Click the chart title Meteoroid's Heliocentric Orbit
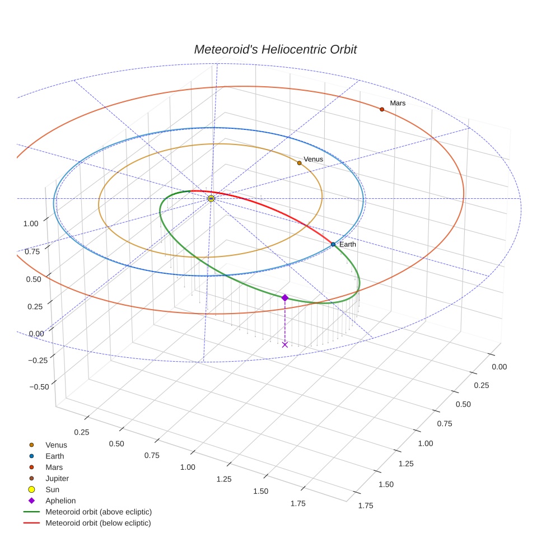pyautogui.click(x=275, y=49)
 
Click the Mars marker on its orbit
pyautogui.click(x=382, y=109)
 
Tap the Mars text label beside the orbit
pyautogui.click(x=398, y=103)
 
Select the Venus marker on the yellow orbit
pyautogui.click(x=299, y=163)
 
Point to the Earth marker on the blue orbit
pyautogui.click(x=333, y=244)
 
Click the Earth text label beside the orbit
pyautogui.click(x=348, y=244)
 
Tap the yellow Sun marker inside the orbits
pyautogui.click(x=211, y=198)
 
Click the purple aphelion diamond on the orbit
pyautogui.click(x=284, y=298)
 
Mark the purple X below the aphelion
pyautogui.click(x=284, y=344)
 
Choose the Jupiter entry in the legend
pyautogui.click(x=57, y=478)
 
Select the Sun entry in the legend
pyautogui.click(x=52, y=489)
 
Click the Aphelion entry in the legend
pyautogui.click(x=60, y=501)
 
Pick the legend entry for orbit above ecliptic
pyautogui.click(x=98, y=512)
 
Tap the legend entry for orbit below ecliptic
pyautogui.click(x=98, y=523)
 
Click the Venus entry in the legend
pyautogui.click(x=56, y=445)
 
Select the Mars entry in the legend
pyautogui.click(x=54, y=467)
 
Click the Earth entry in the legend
pyautogui.click(x=54, y=456)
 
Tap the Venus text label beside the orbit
pyautogui.click(x=313, y=160)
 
